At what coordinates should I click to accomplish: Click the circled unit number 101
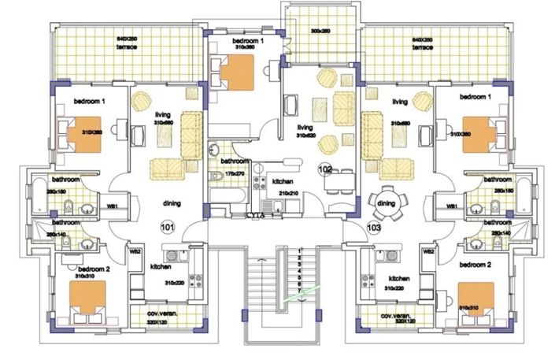[x=166, y=228]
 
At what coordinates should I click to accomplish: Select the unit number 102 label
[x=324, y=169]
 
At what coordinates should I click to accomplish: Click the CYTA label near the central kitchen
[x=254, y=213]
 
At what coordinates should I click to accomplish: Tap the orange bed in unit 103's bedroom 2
[x=475, y=298]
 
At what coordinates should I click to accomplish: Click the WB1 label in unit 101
[x=112, y=206]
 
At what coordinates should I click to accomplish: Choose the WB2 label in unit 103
[x=429, y=251]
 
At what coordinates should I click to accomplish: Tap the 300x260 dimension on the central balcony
[x=320, y=32]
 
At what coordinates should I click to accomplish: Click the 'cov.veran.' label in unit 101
[x=161, y=314]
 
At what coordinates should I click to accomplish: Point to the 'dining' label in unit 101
[x=172, y=203]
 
